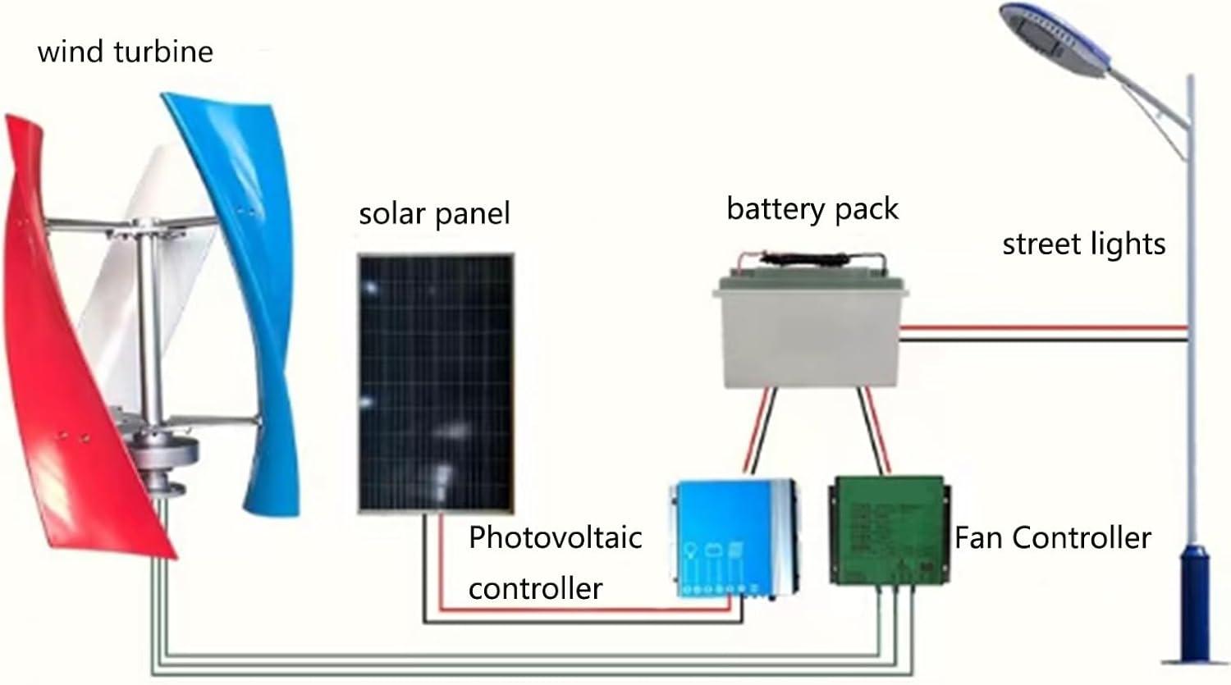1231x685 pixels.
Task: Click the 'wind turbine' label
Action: click(125, 52)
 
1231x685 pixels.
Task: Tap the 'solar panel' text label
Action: click(434, 213)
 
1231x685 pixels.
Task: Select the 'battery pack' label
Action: click(812, 208)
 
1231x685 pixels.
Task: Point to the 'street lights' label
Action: click(1083, 244)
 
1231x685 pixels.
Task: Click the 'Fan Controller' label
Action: click(1052, 538)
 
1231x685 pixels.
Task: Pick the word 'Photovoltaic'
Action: click(555, 537)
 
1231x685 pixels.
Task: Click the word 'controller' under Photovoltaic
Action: click(535, 588)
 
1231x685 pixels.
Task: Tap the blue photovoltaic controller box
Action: click(733, 537)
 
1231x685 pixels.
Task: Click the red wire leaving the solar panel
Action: click(441, 566)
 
